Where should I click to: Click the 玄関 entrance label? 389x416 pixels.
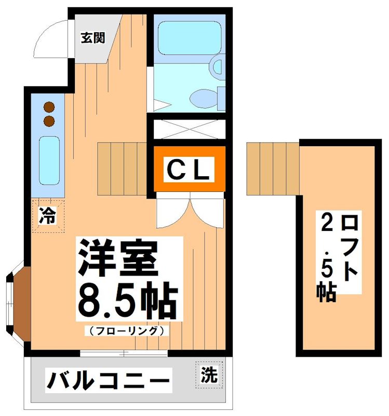[93, 38]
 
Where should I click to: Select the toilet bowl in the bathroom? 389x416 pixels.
[204, 96]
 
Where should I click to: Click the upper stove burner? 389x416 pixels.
[49, 108]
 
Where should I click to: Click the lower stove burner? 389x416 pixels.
[49, 122]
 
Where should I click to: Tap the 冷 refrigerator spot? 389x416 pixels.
[48, 215]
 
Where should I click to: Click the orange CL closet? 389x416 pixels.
[189, 169]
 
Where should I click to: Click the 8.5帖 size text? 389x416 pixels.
[127, 301]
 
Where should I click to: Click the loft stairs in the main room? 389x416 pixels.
[124, 161]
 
